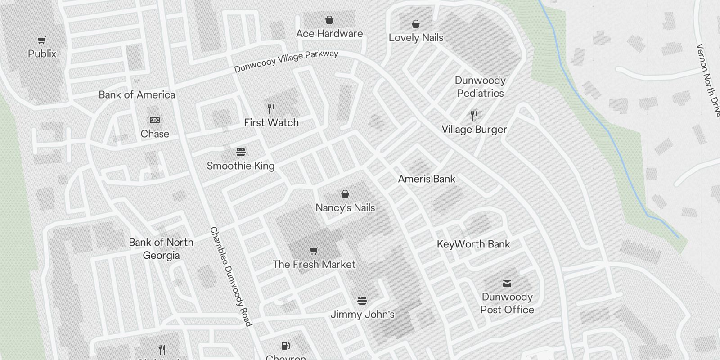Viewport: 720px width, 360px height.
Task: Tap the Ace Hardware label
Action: pyautogui.click(x=329, y=34)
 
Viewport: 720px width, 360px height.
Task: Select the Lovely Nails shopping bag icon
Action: pyautogui.click(x=416, y=24)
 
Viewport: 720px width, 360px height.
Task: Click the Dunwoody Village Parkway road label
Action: pyautogui.click(x=286, y=62)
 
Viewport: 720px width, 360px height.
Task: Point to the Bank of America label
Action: pyautogui.click(x=137, y=95)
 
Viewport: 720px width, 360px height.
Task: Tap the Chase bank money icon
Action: pyautogui.click(x=154, y=120)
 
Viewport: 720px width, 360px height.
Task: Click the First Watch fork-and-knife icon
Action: pyautogui.click(x=271, y=108)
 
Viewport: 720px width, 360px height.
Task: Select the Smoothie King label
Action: pyautogui.click(x=241, y=166)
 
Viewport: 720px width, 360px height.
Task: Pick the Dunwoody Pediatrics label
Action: pyautogui.click(x=480, y=87)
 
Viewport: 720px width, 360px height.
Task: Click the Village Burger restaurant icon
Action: pyautogui.click(x=474, y=116)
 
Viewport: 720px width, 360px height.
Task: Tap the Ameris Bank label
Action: pyautogui.click(x=427, y=179)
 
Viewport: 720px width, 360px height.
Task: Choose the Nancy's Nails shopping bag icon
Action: pyautogui.click(x=345, y=194)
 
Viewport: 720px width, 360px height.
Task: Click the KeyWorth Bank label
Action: pyautogui.click(x=473, y=244)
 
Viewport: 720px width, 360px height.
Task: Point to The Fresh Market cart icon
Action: pyautogui.click(x=314, y=251)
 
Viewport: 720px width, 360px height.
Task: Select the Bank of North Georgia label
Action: pyautogui.click(x=161, y=249)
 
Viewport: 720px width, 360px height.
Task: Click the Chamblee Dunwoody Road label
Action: pyautogui.click(x=230, y=276)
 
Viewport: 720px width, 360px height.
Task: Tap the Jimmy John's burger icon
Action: pyautogui.click(x=362, y=300)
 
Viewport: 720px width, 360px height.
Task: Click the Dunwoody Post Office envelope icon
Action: pyautogui.click(x=507, y=283)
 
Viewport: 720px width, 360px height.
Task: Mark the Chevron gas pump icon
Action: pyautogui.click(x=285, y=346)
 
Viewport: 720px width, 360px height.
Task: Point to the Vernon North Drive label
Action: pyautogui.click(x=708, y=80)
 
